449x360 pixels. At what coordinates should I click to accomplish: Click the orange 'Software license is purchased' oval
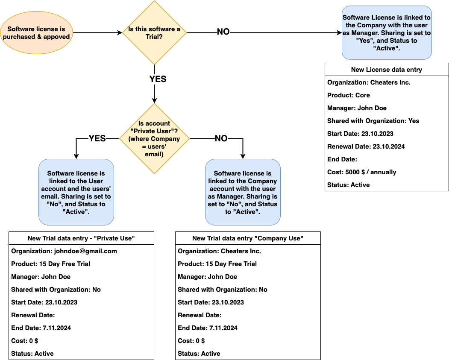(36, 33)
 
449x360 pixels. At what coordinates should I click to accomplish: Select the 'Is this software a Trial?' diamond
(154, 33)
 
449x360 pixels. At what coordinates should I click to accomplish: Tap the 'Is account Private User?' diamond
(154, 139)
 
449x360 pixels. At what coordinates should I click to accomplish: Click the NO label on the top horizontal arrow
(223, 32)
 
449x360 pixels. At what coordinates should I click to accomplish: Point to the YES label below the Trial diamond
(158, 79)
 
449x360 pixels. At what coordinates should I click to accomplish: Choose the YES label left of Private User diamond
(97, 138)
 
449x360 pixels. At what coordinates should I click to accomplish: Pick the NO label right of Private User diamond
(221, 138)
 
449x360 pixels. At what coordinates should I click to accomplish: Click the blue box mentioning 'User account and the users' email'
(76, 192)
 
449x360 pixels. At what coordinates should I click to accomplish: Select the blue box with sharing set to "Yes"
(387, 33)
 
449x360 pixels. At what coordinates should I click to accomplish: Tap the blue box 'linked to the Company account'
(243, 192)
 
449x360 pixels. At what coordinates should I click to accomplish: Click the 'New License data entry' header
(387, 70)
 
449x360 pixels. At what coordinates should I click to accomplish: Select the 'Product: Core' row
(349, 95)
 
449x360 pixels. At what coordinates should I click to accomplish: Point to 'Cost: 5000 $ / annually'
(362, 172)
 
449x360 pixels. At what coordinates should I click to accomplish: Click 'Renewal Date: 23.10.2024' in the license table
(366, 146)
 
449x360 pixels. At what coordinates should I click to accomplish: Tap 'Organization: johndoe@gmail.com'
(64, 251)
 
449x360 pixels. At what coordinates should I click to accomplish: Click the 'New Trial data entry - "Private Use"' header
(81, 238)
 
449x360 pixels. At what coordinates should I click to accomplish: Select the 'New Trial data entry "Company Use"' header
(248, 238)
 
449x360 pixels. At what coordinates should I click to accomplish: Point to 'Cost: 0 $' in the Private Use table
(25, 341)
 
